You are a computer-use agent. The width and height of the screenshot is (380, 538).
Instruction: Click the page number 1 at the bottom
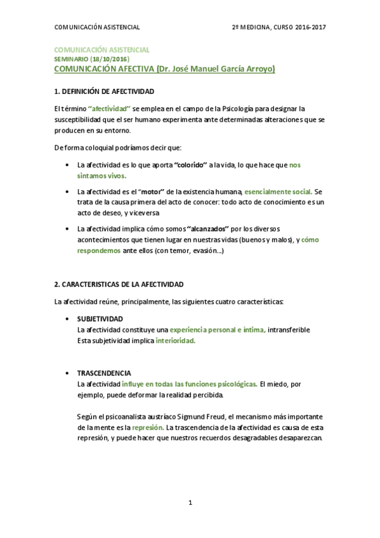coord(190,503)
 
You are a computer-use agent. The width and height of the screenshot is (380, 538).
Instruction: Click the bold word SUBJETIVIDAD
coord(100,318)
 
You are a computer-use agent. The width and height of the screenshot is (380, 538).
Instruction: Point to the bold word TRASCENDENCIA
coord(104,373)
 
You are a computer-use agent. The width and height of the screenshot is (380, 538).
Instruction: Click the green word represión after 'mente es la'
coord(148,428)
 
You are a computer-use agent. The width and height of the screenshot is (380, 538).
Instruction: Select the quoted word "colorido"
coord(192,164)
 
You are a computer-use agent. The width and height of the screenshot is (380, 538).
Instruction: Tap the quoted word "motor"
coord(148,192)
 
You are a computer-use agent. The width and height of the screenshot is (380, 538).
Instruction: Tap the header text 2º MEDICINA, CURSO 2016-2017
coord(278,27)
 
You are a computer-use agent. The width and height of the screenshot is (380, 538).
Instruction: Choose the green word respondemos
coord(98,251)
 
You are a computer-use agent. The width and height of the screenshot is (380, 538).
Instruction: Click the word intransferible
coord(289,329)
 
